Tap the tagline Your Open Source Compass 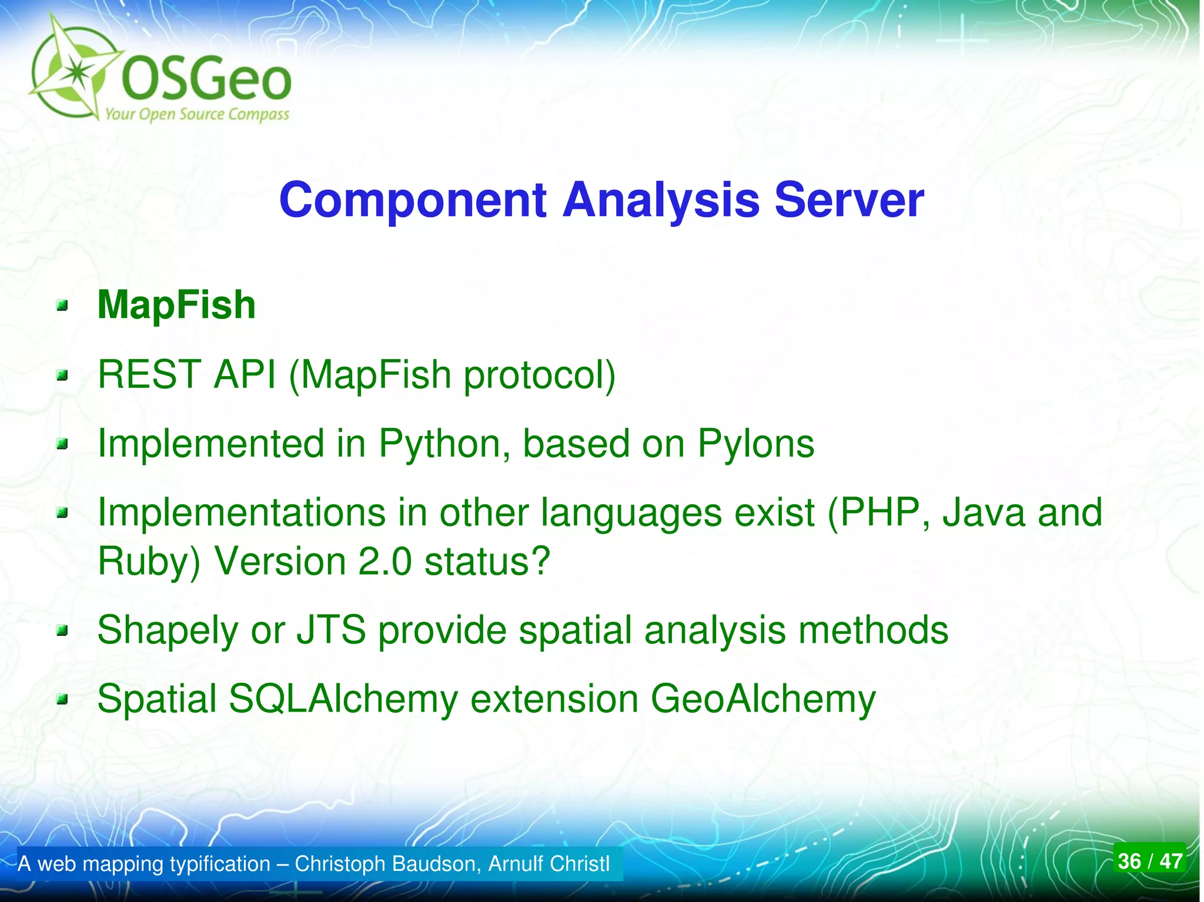(197, 114)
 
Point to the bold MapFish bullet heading (176, 306)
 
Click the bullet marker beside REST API (62, 375)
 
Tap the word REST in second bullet (149, 374)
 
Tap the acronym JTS (331, 630)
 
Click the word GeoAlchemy (762, 699)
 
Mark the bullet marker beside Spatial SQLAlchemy (62, 700)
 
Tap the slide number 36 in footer (1129, 861)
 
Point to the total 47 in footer (1170, 861)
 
